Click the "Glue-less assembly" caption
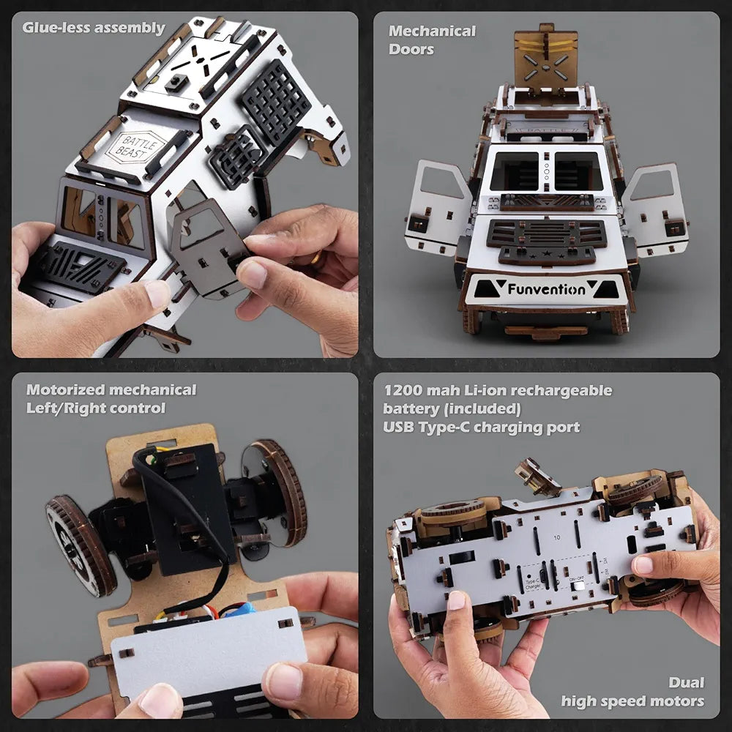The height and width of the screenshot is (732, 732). tap(94, 29)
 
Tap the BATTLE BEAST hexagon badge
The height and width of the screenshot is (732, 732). tap(135, 146)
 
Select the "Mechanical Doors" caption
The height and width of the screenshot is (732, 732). tap(432, 40)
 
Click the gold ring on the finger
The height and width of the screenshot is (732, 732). tap(316, 258)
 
